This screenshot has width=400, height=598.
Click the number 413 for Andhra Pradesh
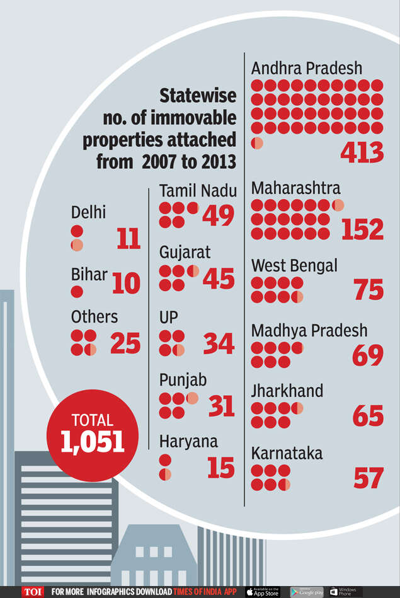362,152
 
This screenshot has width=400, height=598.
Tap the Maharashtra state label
295,188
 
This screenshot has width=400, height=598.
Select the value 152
362,229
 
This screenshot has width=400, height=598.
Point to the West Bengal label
294,265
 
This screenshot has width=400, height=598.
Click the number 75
368,290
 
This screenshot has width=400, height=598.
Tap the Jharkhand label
287,391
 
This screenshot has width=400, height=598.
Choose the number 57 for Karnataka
368,478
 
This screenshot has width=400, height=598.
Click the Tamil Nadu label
198,190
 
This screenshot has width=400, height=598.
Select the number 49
218,216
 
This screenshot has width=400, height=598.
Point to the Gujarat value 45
218,279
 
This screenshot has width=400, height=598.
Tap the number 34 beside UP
218,344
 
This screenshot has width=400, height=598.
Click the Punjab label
183,381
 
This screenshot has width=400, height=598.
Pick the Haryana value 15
220,468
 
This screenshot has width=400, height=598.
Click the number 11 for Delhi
128,239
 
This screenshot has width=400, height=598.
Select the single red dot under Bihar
77,292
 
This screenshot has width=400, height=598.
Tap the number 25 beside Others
125,343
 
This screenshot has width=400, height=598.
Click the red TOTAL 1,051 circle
93,435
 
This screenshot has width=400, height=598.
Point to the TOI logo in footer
32,592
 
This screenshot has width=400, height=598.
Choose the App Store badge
262,592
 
